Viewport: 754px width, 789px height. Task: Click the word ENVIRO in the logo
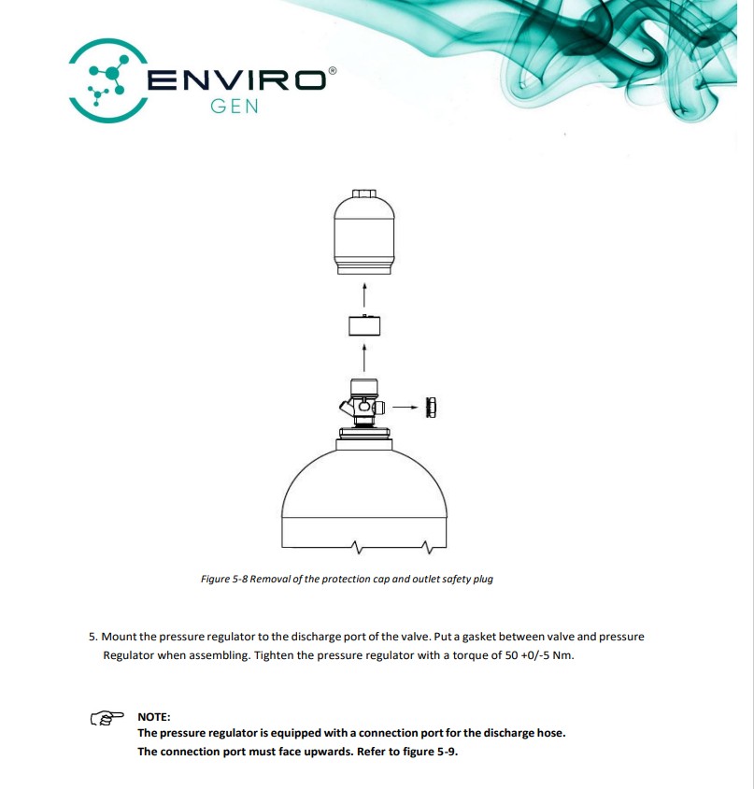point(235,80)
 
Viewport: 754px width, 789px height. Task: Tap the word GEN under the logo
point(235,107)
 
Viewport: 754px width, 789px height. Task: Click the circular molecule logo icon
point(107,80)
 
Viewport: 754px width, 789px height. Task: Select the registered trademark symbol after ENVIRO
point(332,71)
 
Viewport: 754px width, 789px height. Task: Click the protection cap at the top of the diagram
point(364,233)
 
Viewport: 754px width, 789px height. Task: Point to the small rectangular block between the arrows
point(364,325)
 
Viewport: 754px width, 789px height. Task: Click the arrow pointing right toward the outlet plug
point(405,407)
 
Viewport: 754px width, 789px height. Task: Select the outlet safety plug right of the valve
point(431,407)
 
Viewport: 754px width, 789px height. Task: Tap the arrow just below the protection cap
point(364,294)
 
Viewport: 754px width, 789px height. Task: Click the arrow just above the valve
point(364,358)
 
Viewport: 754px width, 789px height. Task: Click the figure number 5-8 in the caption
point(240,579)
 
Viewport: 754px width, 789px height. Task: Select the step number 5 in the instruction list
point(93,637)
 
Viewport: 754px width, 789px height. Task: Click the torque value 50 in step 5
point(512,655)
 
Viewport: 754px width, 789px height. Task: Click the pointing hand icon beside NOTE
point(107,718)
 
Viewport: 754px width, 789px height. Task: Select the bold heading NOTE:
point(154,716)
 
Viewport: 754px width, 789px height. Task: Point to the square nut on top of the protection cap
point(364,194)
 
